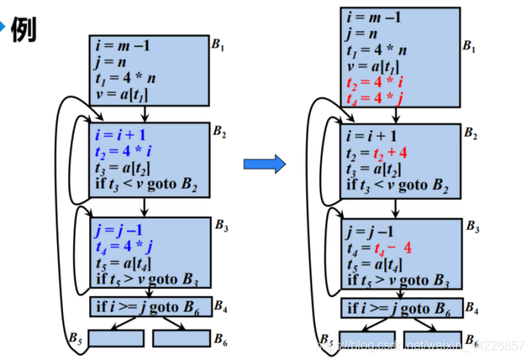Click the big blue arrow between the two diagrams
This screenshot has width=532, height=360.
coord(264,163)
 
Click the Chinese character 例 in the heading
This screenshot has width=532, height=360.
coord(23,29)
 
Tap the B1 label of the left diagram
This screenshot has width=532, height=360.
coord(219,45)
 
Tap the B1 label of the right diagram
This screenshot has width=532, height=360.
coord(470,46)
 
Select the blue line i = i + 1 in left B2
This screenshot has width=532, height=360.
coord(121,135)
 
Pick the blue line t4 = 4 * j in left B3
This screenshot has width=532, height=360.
coord(123,246)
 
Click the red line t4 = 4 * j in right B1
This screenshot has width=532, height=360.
coord(374,99)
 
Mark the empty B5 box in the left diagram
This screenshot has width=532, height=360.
coord(116,338)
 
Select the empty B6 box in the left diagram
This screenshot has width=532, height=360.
coord(181,338)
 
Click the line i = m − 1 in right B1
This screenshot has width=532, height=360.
coord(372,17)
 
